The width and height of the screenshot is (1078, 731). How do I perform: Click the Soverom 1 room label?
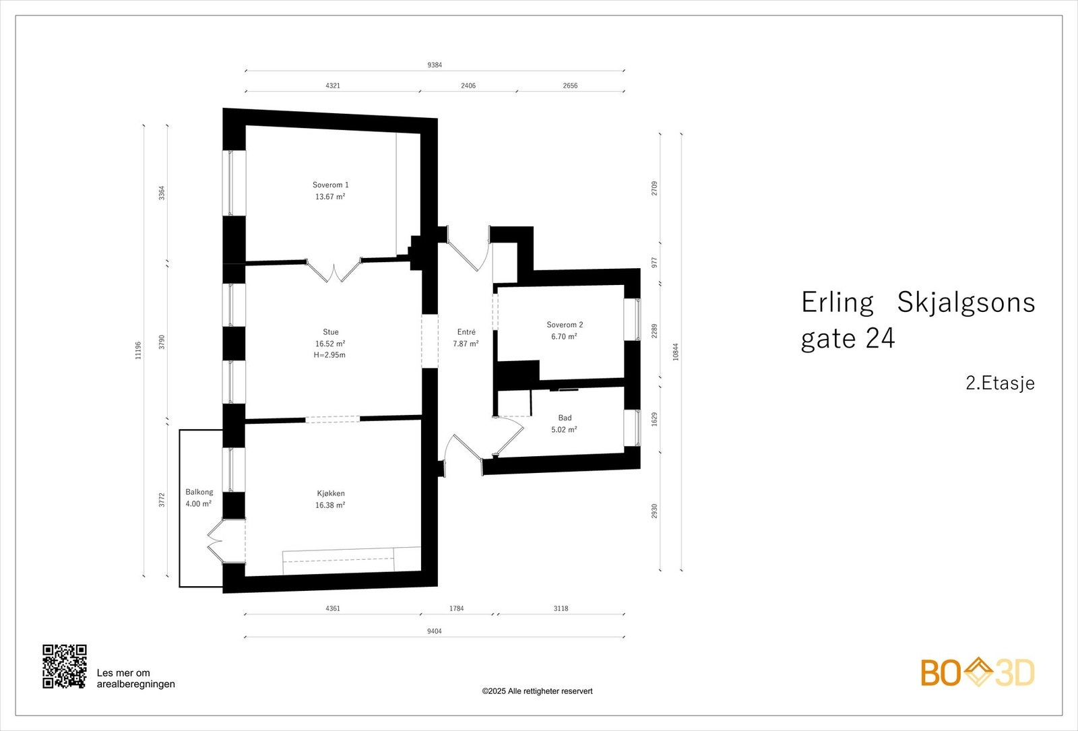pyautogui.click(x=330, y=185)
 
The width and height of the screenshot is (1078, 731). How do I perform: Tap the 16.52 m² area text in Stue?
pyautogui.click(x=330, y=344)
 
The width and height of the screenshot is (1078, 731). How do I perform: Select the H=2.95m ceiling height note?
pyautogui.click(x=329, y=355)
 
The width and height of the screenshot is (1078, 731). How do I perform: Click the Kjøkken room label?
pyautogui.click(x=331, y=493)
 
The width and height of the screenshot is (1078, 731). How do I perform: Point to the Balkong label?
pyautogui.click(x=199, y=492)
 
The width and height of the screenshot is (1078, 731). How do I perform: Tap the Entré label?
pyautogui.click(x=466, y=332)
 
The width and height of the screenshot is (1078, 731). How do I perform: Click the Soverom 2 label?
pyautogui.click(x=565, y=325)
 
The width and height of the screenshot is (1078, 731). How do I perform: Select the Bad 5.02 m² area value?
pyautogui.click(x=564, y=430)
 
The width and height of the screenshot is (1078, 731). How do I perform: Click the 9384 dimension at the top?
pyautogui.click(x=435, y=65)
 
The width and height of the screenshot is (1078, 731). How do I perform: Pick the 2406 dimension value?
pyautogui.click(x=468, y=86)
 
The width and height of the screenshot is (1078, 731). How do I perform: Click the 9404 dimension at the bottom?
pyautogui.click(x=435, y=631)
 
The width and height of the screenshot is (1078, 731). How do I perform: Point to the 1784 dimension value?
pyautogui.click(x=457, y=608)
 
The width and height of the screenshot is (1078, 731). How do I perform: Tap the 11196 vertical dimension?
pyautogui.click(x=139, y=350)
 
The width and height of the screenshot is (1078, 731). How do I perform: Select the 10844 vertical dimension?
pyautogui.click(x=676, y=352)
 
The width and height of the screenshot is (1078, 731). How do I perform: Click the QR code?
pyautogui.click(x=65, y=666)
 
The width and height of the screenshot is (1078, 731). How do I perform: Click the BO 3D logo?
pyautogui.click(x=977, y=672)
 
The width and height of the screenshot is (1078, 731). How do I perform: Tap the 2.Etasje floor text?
pyautogui.click(x=1000, y=383)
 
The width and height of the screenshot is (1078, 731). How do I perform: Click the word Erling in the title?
pyautogui.click(x=837, y=303)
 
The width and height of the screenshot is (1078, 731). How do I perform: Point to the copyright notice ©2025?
pyautogui.click(x=537, y=691)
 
